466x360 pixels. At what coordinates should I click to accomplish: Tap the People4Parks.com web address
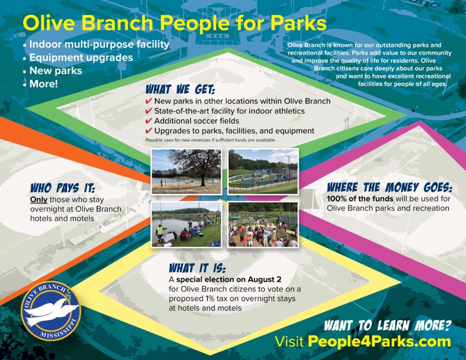coord(379,342)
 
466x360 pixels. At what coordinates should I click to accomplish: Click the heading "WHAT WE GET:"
coord(180,89)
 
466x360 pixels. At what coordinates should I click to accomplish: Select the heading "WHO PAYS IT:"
coord(63,188)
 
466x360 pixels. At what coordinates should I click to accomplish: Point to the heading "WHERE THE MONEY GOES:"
coord(390,188)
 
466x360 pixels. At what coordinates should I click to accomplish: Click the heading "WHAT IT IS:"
coord(198,268)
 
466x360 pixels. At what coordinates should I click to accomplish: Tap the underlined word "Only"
coord(39,200)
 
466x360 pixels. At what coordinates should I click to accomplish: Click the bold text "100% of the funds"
coord(360,198)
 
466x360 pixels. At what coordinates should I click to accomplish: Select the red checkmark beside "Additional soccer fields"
coord(149,121)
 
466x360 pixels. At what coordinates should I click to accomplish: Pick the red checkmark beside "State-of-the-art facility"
coord(149,111)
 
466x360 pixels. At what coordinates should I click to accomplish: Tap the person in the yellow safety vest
coord(160,233)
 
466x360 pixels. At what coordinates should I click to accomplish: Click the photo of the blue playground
coord(263,172)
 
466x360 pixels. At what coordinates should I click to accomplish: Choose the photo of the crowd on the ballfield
coord(263,225)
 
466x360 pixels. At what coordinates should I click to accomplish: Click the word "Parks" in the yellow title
coord(299,23)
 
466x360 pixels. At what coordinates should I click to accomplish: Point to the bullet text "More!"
coord(44,84)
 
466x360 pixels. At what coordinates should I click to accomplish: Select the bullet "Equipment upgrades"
coord(81,58)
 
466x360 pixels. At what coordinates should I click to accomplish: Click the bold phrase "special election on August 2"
coord(229,279)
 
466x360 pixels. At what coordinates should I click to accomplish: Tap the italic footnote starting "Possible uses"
coord(210,140)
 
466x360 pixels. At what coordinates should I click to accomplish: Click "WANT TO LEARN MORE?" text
coord(388,325)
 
